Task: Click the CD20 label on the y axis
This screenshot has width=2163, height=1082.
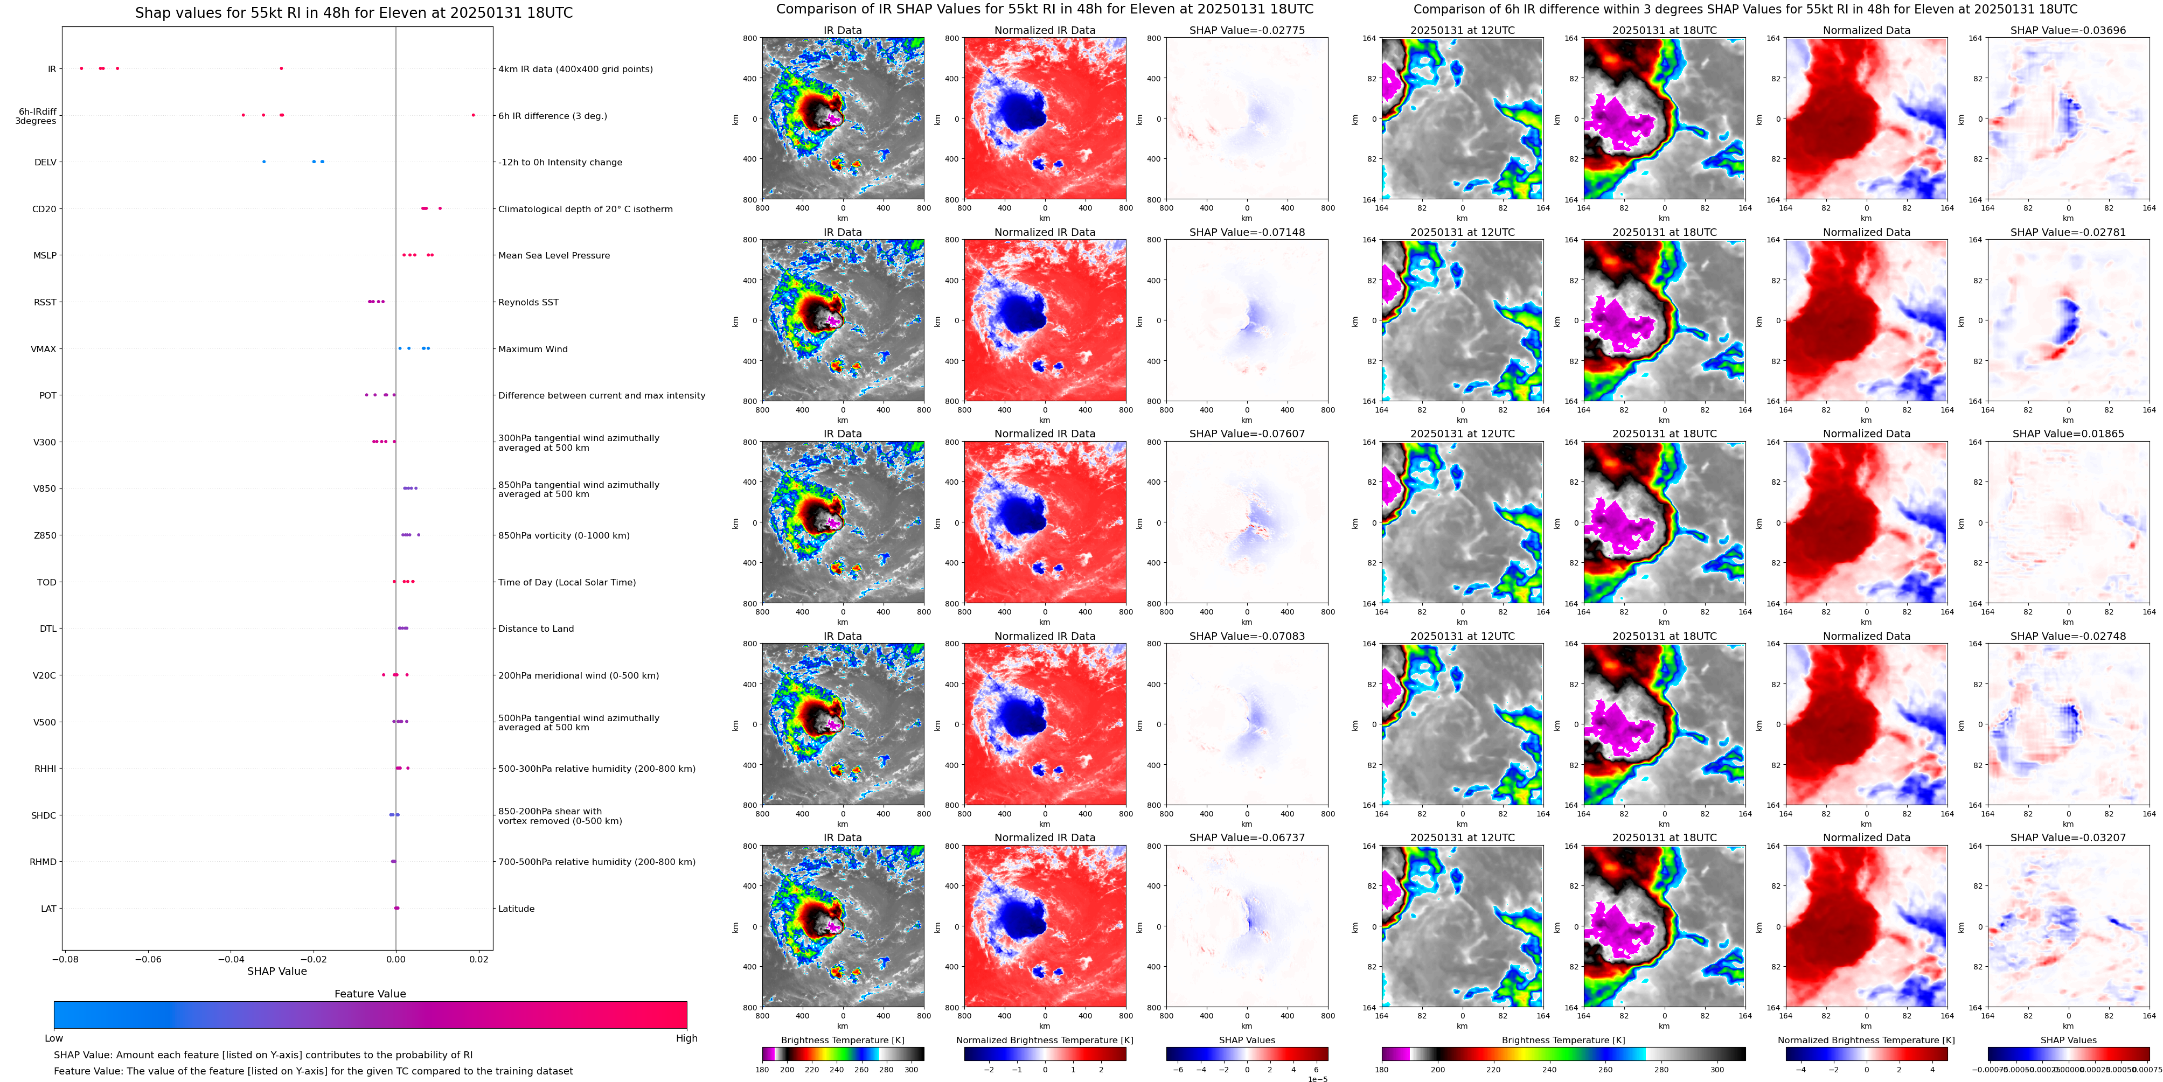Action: (x=44, y=209)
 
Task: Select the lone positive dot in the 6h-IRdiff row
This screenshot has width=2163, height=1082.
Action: (x=473, y=115)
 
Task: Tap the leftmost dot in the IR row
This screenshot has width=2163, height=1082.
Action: (x=81, y=68)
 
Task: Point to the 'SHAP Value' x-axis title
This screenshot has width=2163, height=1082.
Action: (x=276, y=971)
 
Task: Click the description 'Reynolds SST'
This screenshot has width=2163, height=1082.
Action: (x=528, y=302)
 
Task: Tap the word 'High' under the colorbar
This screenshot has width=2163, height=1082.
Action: (x=686, y=1038)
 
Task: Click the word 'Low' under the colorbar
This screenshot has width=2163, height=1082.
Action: (x=54, y=1038)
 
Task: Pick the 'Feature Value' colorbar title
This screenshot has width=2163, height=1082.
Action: (x=370, y=994)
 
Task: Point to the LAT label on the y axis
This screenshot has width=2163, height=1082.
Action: (x=48, y=908)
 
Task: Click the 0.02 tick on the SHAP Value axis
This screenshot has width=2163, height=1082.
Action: (x=478, y=959)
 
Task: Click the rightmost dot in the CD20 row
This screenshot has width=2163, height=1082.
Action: (x=440, y=208)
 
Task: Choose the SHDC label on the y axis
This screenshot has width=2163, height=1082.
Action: (x=44, y=815)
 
